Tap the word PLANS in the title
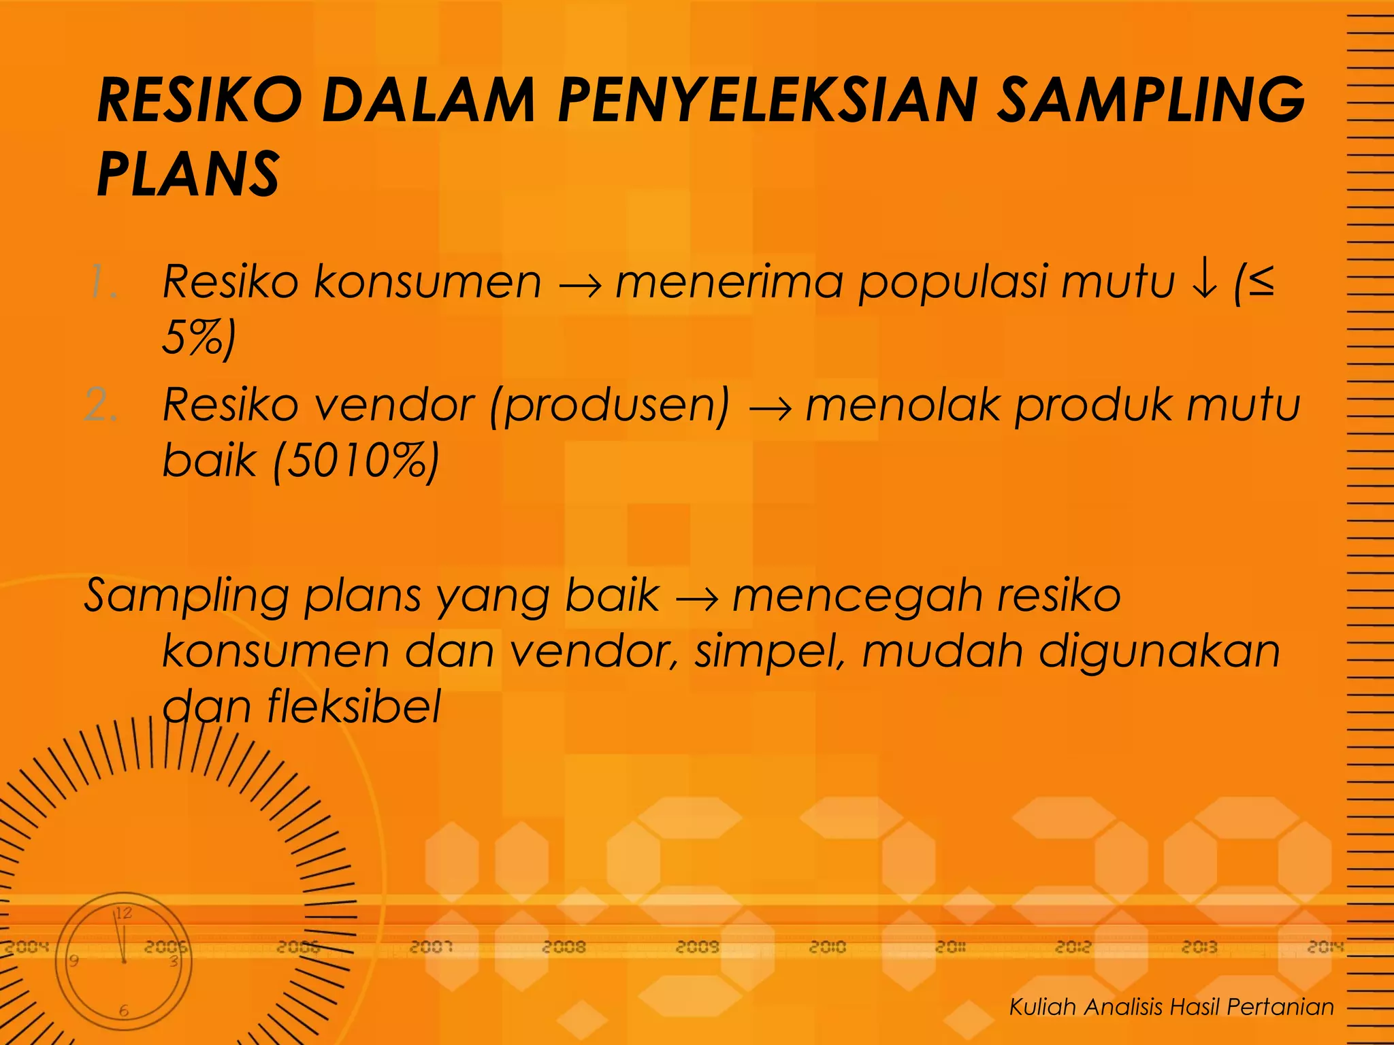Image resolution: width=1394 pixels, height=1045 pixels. pyautogui.click(x=188, y=174)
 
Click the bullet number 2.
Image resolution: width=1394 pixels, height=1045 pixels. pyautogui.click(x=101, y=405)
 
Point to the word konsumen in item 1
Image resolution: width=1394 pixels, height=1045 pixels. pyautogui.click(x=427, y=282)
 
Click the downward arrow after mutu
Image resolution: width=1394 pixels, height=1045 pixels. pyautogui.click(x=1204, y=282)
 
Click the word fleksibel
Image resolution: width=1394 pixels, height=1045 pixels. pyautogui.click(x=354, y=706)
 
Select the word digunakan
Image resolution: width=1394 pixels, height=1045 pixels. pyautogui.click(x=1159, y=652)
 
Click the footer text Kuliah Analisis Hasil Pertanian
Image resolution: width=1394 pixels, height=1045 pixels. pyautogui.click(x=1171, y=1006)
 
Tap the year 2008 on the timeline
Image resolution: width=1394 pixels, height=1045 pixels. pyautogui.click(x=564, y=946)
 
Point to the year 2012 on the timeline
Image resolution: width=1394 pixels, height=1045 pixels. pyautogui.click(x=1073, y=946)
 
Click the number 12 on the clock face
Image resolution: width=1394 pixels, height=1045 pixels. pyautogui.click(x=123, y=913)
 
